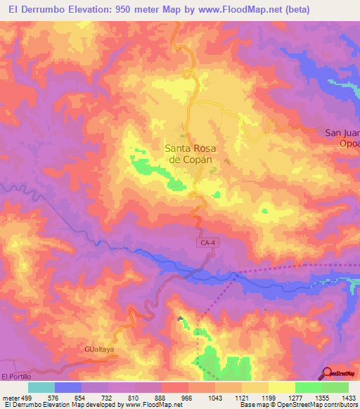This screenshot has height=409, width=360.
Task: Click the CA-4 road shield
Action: (203, 242)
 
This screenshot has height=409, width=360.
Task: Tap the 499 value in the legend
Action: (28, 397)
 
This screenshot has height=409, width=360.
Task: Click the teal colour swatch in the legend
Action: (41, 387)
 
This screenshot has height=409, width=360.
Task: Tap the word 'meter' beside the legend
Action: (11, 397)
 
